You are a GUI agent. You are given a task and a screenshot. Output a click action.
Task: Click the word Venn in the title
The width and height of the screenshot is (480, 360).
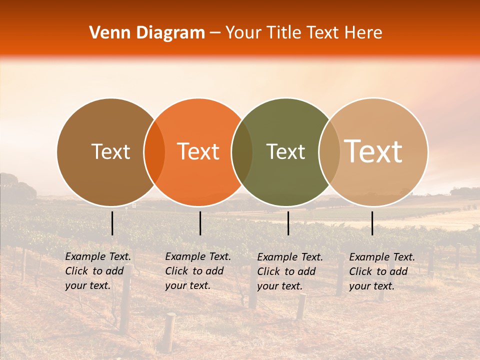106,33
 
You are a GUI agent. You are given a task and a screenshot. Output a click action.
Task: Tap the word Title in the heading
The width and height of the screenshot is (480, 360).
283,33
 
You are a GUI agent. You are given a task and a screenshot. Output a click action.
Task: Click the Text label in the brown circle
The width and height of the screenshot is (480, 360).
110,151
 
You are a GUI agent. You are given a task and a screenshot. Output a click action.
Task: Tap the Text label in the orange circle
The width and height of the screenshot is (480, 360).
198,151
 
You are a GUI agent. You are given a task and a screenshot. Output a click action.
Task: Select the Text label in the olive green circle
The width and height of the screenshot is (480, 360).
285,151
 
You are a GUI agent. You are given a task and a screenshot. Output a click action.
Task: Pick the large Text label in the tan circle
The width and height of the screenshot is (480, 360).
373,151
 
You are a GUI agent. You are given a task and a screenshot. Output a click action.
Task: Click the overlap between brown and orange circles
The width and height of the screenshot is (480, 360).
154,152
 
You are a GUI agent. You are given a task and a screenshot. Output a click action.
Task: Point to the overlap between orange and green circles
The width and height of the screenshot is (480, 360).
242,152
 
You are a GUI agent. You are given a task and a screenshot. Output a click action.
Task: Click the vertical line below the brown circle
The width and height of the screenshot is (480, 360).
112,223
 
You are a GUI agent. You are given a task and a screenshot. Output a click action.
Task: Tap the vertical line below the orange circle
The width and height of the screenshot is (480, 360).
200,223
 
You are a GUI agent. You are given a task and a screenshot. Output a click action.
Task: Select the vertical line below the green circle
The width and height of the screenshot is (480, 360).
288,223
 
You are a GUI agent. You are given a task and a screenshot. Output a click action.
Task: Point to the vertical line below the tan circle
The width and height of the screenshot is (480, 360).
372,223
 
